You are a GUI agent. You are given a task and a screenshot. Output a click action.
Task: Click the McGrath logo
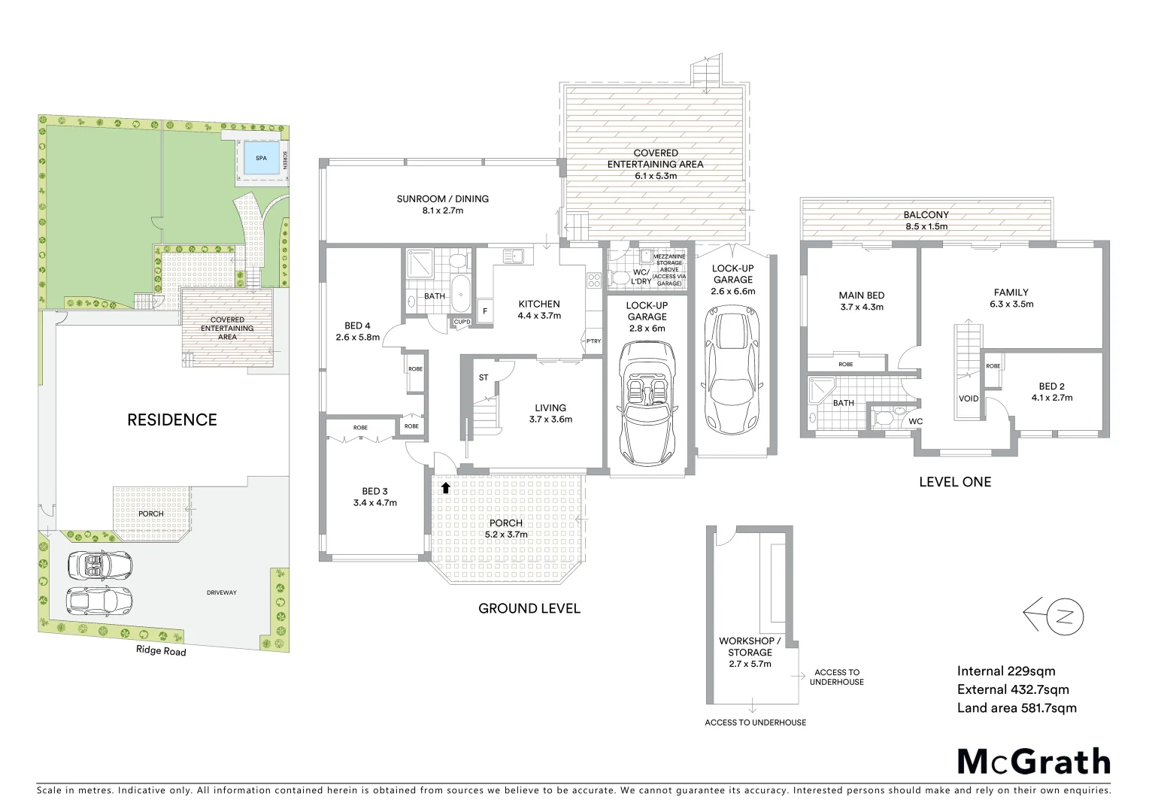point(1033,762)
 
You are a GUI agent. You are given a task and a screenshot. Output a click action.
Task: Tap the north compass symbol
point(1054,617)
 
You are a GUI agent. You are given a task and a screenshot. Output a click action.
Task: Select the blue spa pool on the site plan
point(261,159)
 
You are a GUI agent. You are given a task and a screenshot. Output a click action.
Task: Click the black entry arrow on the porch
point(445,488)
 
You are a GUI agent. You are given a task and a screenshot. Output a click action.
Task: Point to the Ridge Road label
point(161,650)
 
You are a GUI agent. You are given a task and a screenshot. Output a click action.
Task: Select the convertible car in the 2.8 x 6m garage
point(647,403)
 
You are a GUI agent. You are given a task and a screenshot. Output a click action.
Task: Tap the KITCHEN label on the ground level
point(539,304)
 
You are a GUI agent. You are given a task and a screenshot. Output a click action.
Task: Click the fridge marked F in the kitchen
point(484,311)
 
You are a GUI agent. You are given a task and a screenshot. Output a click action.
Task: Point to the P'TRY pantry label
point(593,341)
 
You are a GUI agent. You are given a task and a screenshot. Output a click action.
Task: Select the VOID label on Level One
point(969,398)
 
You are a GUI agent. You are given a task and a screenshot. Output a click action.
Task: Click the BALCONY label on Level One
point(926,215)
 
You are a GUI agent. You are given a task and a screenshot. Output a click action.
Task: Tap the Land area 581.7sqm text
point(1017,707)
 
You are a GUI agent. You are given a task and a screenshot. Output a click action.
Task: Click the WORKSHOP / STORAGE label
point(750,647)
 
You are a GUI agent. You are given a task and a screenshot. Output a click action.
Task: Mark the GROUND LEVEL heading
point(529,608)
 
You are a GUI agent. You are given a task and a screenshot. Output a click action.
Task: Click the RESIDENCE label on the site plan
point(172,420)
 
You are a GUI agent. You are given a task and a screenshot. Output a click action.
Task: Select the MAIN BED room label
point(862,295)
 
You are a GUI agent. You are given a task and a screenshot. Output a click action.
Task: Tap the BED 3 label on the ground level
point(374,492)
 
